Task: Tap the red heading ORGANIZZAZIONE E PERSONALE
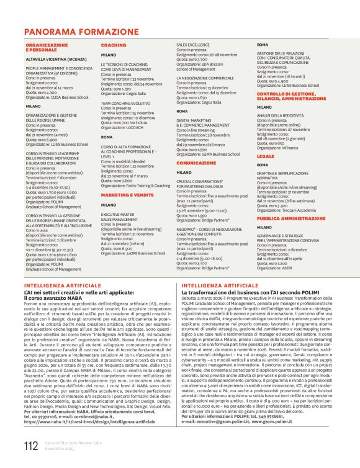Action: click(47, 48)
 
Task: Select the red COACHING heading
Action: click(114, 45)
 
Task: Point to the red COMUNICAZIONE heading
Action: click(196, 163)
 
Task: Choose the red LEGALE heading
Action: click(265, 156)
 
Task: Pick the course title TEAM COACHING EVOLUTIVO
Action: click(125, 103)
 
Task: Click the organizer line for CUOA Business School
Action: click(55, 97)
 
